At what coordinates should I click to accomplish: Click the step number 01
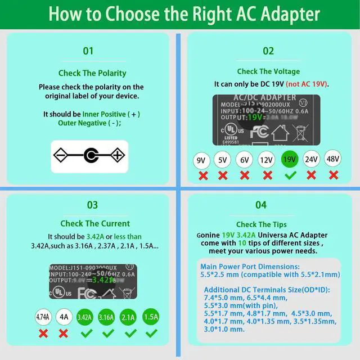pos(88,51)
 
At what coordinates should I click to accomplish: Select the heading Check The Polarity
pos(92,73)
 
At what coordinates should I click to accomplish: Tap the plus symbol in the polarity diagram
pos(116,155)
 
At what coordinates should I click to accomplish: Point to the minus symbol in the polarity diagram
pos(61,155)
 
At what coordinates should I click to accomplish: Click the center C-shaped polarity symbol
pos(89,155)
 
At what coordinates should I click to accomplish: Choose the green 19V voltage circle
pos(289,159)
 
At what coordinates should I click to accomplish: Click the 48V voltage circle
pos(333,159)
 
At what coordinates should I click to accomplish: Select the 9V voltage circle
pos(201,160)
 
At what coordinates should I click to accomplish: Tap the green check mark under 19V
pos(290,175)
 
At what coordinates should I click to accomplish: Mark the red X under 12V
pos(266,175)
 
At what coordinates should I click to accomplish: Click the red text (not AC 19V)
pos(307,84)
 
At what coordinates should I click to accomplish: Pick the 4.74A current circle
pos(43,317)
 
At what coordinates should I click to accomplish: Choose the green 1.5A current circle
pos(151,317)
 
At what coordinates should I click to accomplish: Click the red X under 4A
pos(64,333)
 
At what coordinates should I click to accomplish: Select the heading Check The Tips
pos(261,224)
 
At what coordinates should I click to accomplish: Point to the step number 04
pos(261,205)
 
